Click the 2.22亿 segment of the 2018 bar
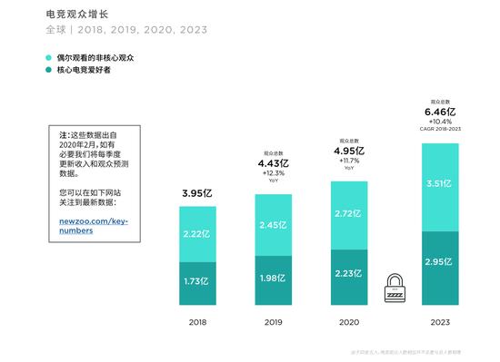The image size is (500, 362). pyautogui.click(x=197, y=234)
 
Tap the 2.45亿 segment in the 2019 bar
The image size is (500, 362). pyautogui.click(x=273, y=225)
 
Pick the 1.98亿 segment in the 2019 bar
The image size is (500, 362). pyautogui.click(x=273, y=278)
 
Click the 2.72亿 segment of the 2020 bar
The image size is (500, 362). pyautogui.click(x=349, y=214)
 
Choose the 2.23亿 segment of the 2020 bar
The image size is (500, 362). pyautogui.click(x=349, y=273)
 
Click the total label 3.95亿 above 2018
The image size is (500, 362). pyautogui.click(x=197, y=193)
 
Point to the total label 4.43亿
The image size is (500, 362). pyautogui.click(x=273, y=163)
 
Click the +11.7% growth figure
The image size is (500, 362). pyautogui.click(x=349, y=161)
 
